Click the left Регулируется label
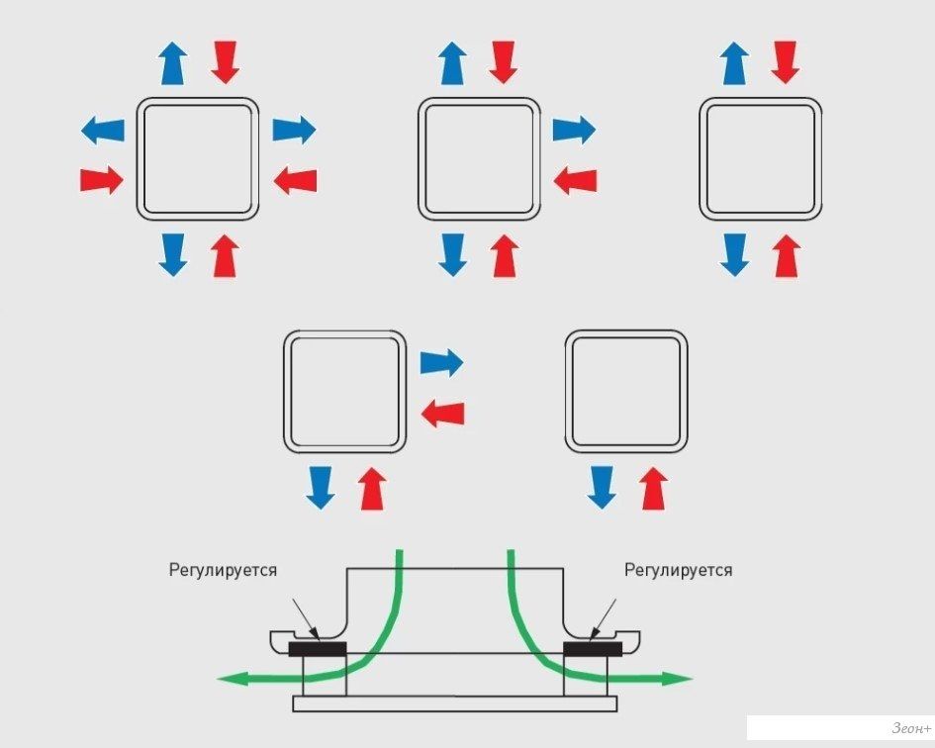tap(223, 570)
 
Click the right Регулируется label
tap(679, 570)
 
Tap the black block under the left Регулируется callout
tap(318, 649)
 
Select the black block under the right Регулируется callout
tap(592, 649)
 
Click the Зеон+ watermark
tap(906, 728)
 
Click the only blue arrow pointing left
tap(103, 129)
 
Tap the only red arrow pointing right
tap(101, 180)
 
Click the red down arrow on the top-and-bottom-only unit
tap(786, 62)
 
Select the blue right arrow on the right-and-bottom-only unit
tap(441, 362)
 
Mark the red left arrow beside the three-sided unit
tap(576, 180)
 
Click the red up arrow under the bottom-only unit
tap(653, 489)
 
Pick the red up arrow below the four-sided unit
tap(226, 256)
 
